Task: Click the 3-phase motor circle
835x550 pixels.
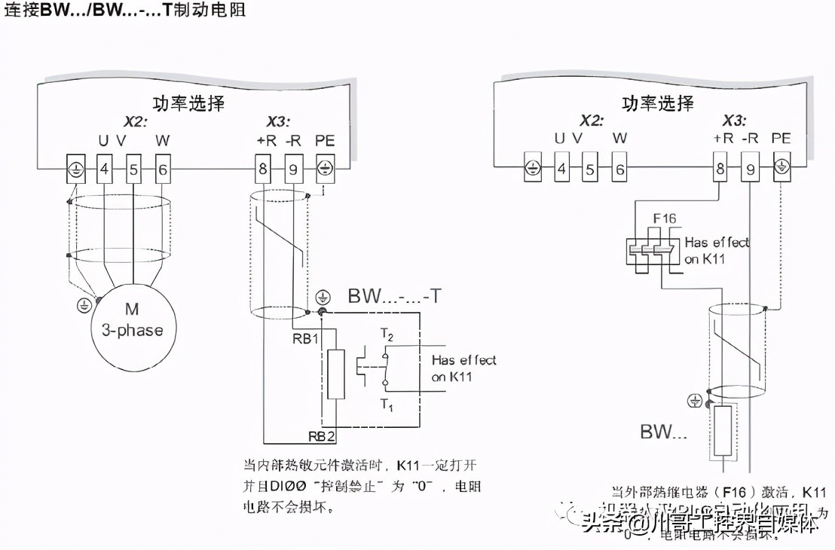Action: pos(133,319)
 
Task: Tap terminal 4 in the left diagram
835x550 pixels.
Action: pos(104,170)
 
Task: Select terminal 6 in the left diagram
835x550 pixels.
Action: pos(163,170)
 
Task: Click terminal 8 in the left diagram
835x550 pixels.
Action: pos(262,170)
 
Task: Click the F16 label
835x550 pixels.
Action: pos(664,218)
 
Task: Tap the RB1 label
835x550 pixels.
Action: pos(304,338)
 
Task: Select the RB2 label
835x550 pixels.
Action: pos(322,435)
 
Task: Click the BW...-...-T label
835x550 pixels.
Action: pos(394,296)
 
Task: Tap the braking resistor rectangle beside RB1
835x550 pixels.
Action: pos(336,374)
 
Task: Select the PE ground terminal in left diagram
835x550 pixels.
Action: pos(325,168)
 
